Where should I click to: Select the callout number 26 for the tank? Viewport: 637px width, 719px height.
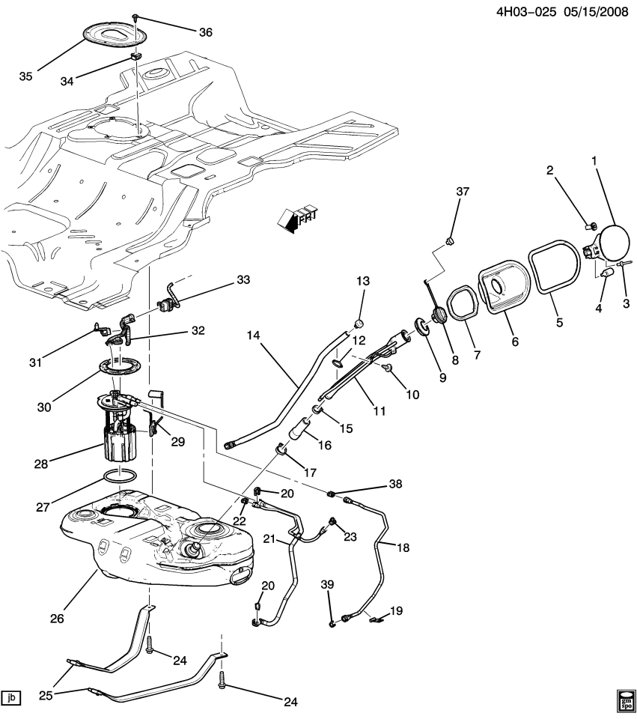click(57, 619)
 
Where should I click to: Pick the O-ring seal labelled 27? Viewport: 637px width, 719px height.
click(119, 476)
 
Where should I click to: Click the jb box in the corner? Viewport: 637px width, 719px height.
click(11, 698)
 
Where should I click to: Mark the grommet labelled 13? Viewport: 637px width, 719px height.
click(359, 324)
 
